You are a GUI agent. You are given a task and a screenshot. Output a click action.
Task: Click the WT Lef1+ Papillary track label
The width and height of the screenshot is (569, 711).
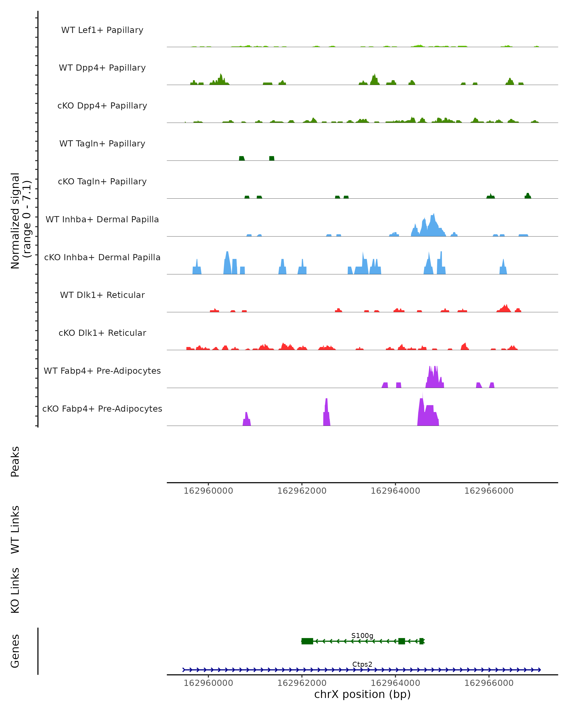point(102,30)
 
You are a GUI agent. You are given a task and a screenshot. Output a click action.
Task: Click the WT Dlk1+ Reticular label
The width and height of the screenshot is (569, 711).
point(102,295)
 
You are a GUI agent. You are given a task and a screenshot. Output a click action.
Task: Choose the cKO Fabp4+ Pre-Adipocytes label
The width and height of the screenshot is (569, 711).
point(102,409)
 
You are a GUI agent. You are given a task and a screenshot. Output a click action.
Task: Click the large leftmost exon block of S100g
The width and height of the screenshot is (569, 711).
point(307,641)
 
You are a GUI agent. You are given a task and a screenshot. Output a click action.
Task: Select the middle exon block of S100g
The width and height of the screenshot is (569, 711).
point(401,641)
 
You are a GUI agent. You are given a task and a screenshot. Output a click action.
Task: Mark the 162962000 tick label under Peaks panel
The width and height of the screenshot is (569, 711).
point(302,491)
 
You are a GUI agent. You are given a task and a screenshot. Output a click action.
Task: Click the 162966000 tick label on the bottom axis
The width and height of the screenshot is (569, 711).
point(489,683)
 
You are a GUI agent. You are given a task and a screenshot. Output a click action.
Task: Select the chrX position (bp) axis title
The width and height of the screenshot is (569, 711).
point(362,694)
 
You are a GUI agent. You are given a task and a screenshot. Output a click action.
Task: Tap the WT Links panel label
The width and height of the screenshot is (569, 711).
point(15,529)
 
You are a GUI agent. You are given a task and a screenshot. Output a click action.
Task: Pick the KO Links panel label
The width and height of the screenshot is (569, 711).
point(15,590)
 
